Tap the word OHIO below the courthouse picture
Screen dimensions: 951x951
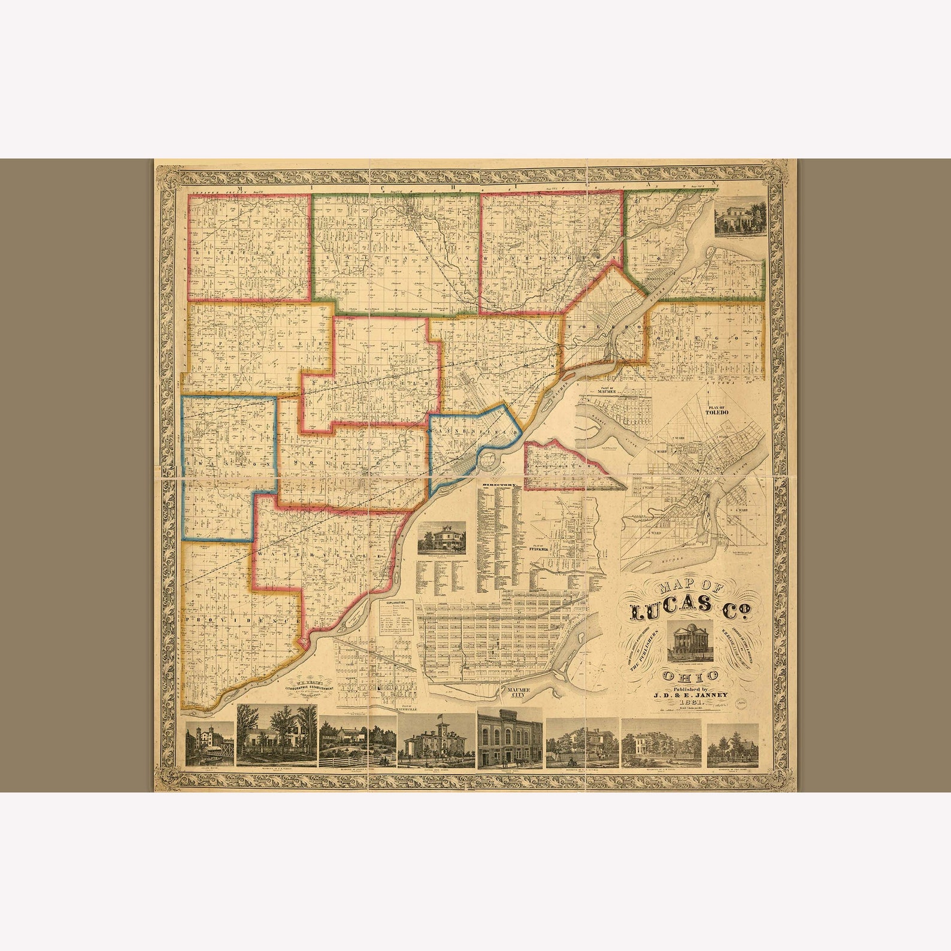[690, 677]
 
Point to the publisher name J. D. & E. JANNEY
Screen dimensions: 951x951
[690, 695]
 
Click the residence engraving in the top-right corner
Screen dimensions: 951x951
[740, 214]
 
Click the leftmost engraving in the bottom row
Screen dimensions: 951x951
[210, 744]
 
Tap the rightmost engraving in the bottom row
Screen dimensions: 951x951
[732, 746]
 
